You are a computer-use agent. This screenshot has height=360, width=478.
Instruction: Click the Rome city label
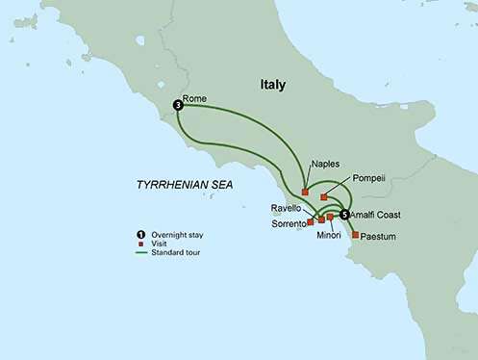point(194,97)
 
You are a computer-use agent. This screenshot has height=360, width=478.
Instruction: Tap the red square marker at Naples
point(305,192)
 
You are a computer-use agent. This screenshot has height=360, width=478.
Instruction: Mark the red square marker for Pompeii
point(324,197)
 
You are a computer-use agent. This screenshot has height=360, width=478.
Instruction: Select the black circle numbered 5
point(344,215)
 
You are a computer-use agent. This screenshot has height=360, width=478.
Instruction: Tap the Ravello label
point(289,207)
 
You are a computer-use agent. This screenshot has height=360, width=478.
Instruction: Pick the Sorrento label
point(286,222)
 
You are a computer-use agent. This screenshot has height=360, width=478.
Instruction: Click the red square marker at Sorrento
point(311,221)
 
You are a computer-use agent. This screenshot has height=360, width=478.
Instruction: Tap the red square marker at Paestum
point(356,235)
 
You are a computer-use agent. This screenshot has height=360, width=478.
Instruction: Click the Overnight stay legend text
point(175,235)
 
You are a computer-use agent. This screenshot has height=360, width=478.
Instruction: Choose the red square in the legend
point(140,244)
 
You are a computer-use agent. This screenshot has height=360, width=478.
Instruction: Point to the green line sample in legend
point(140,253)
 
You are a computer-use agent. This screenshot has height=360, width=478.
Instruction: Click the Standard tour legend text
point(174,253)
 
